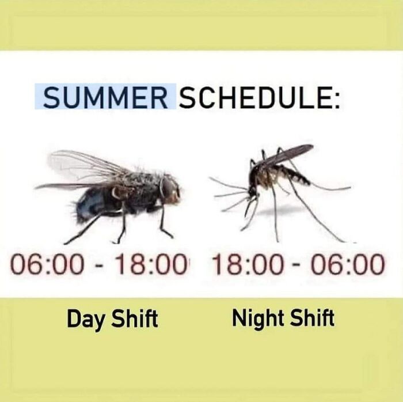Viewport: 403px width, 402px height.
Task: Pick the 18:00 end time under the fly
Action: [151, 266]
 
